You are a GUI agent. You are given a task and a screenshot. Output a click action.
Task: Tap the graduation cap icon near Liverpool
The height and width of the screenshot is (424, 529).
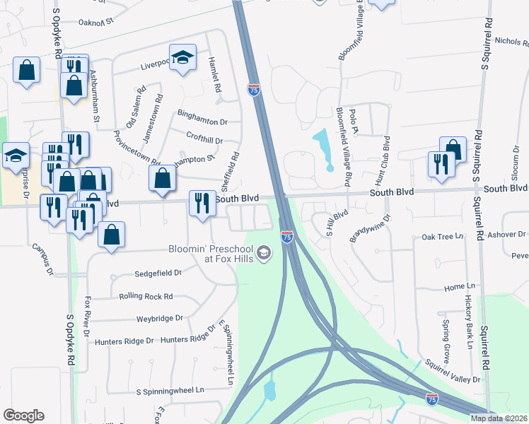click(x=182, y=58)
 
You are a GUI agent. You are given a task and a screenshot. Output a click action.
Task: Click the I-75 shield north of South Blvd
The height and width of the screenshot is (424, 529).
click(x=254, y=90)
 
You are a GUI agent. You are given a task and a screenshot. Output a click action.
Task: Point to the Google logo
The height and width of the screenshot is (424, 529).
click(x=23, y=416)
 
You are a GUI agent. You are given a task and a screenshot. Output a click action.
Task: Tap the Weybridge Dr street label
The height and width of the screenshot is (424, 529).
click(x=160, y=319)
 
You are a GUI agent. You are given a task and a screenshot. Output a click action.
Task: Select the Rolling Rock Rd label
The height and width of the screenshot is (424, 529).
click(x=146, y=296)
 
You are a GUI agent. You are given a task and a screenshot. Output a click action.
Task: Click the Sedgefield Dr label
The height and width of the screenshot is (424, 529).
click(x=159, y=272)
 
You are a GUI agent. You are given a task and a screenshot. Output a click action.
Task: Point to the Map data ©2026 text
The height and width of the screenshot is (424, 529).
click(x=499, y=418)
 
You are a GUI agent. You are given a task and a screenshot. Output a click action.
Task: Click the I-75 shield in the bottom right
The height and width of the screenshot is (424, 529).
click(x=432, y=400)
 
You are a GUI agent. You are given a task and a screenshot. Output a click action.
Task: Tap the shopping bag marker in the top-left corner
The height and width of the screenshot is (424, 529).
click(x=26, y=70)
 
